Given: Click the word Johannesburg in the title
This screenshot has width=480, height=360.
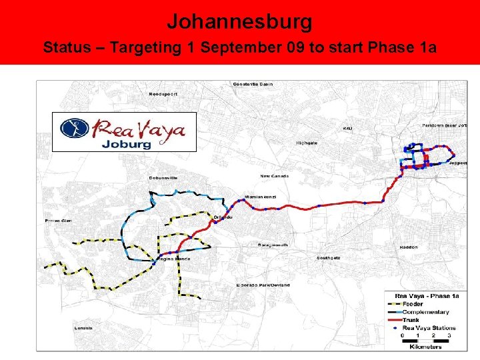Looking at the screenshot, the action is (239, 22).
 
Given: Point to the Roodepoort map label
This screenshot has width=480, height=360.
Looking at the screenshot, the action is (163, 94).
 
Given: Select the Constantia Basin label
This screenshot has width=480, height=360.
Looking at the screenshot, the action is (253, 84).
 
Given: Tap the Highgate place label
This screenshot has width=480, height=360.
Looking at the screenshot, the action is (307, 143).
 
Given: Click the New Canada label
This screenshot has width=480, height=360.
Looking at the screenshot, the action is (274, 176).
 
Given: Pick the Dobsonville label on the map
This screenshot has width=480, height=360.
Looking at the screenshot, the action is (163, 178).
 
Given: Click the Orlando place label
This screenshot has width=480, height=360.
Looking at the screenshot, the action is (222, 217).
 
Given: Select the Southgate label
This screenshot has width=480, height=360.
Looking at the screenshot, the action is (329, 258).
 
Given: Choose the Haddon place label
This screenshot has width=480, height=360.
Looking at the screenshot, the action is (409, 247).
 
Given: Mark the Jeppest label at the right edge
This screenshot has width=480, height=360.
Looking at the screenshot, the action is (457, 163).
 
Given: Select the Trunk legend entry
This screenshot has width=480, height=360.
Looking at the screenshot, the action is (411, 320).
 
